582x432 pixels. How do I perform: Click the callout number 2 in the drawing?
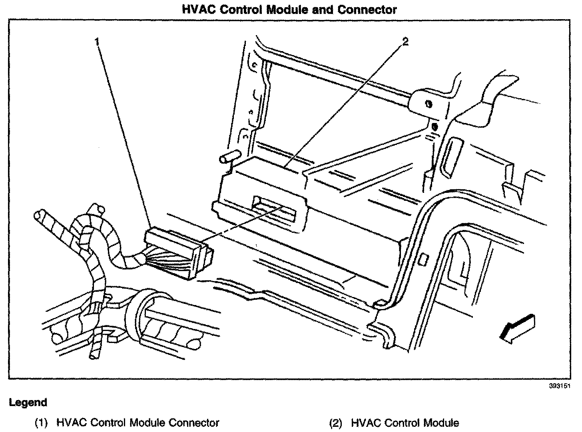(405, 41)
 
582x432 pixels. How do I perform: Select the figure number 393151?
(559, 386)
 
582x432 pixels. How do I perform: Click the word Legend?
(28, 402)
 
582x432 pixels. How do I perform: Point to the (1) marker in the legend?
(41, 423)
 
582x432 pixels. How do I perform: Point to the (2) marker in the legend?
(335, 423)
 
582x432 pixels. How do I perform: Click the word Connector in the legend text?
(194, 423)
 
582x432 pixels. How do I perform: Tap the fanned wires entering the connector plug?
(164, 262)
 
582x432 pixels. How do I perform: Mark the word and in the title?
(323, 10)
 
